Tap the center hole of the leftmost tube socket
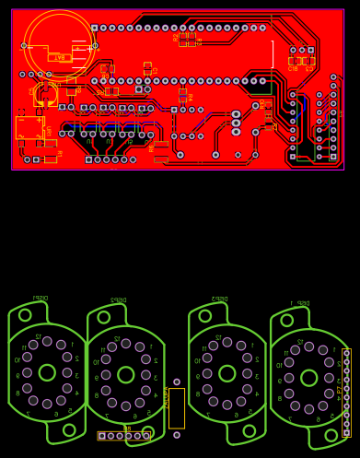pyautogui.click(x=47, y=372)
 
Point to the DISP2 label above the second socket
pyautogui.click(x=118, y=299)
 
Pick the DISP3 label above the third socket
pyautogui.click(x=219, y=299)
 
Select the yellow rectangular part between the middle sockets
pyautogui.click(x=177, y=407)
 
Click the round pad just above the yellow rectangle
pyautogui.click(x=177, y=382)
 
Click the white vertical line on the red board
pyautogui.click(x=273, y=55)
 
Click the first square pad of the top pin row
pyautogui.click(x=95, y=29)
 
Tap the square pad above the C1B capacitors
pyautogui.click(x=310, y=50)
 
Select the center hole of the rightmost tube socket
pyautogui.click(x=309, y=378)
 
